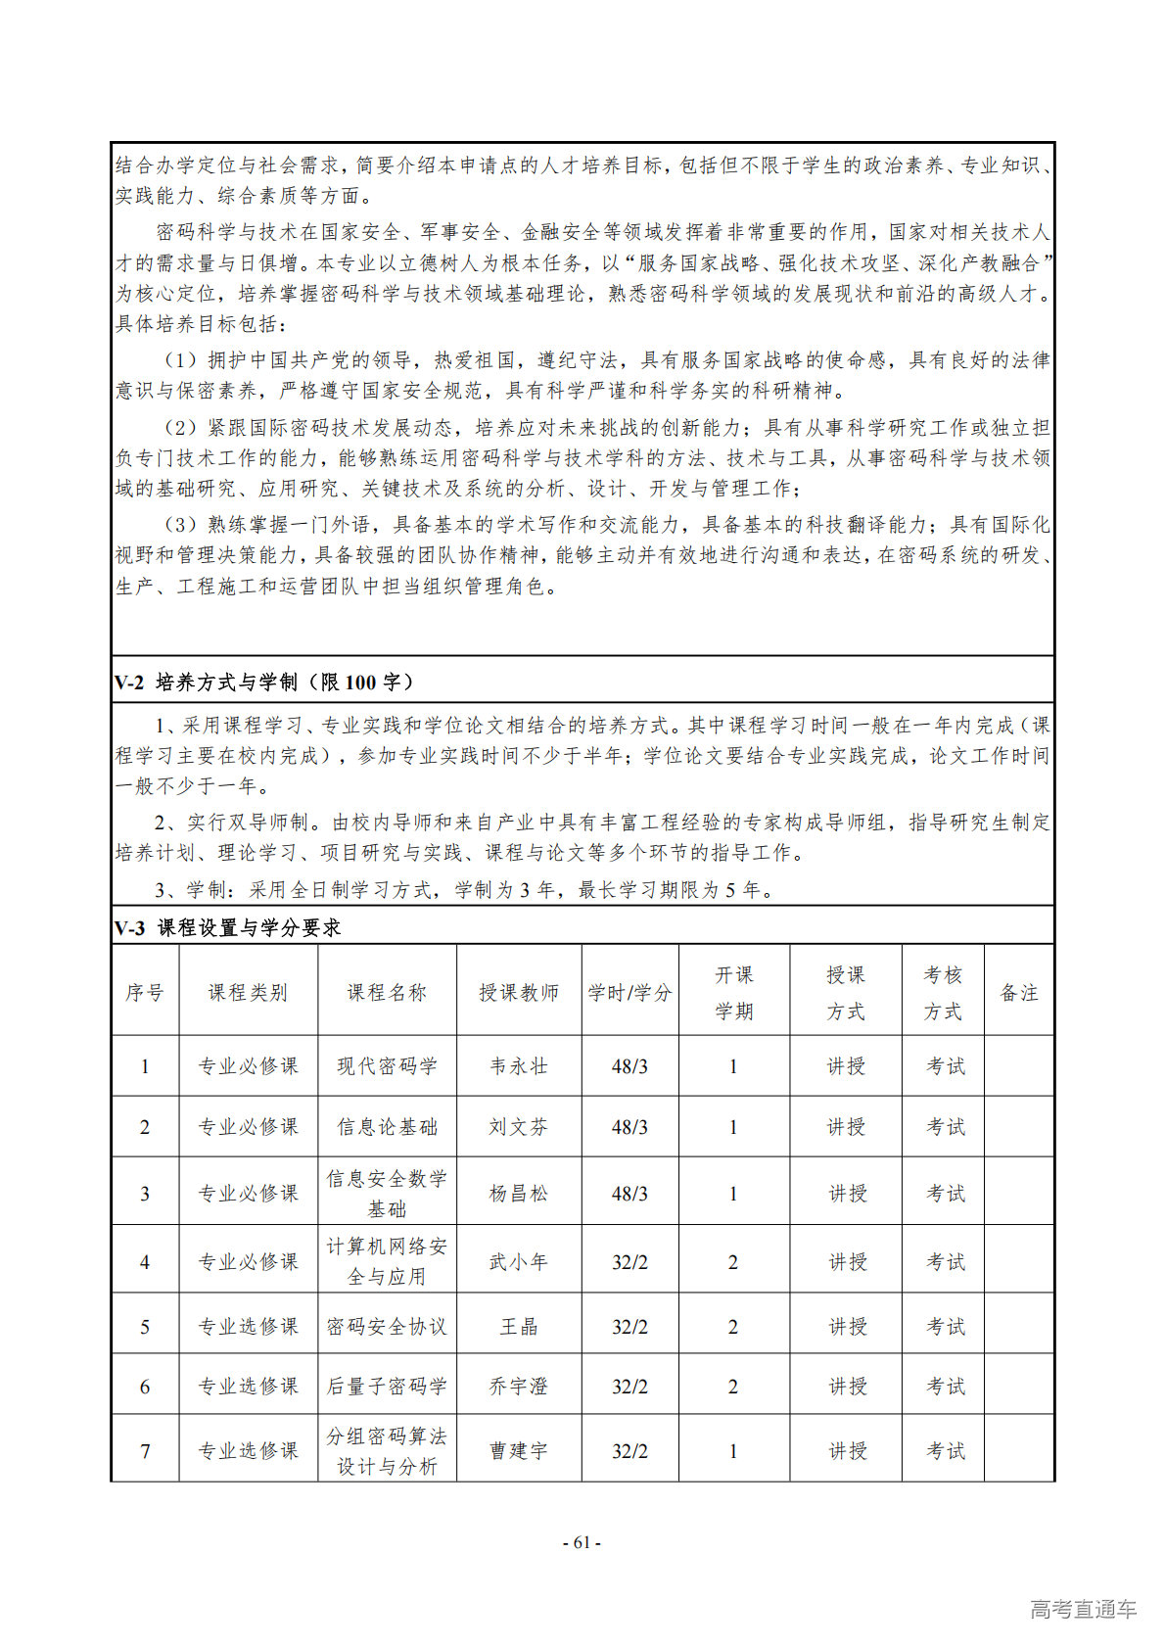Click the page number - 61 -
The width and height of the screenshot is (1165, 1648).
582,1542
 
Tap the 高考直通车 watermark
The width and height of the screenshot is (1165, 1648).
1083,1609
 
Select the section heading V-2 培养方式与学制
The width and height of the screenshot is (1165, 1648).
264,683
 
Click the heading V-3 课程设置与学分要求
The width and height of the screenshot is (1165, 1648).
227,927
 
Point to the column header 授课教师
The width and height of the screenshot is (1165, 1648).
519,992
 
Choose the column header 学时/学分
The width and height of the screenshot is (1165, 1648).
629,992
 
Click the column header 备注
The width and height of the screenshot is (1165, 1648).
1018,992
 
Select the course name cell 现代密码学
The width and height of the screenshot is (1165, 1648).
387,1066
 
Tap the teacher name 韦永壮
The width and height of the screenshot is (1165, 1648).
519,1066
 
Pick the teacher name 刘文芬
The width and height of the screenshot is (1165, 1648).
519,1127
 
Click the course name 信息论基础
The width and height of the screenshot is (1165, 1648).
387,1127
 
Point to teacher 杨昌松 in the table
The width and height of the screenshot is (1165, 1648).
519,1194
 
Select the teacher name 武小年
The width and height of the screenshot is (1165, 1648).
519,1262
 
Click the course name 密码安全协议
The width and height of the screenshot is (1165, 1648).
387,1327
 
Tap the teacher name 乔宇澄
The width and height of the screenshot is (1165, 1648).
519,1387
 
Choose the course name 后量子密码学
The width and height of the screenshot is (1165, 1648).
387,1387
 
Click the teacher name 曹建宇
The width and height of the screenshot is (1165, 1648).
519,1451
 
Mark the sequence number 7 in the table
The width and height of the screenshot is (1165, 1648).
145,1451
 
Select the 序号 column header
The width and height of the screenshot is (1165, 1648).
145,992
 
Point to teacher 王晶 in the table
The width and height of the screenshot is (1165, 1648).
519,1327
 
